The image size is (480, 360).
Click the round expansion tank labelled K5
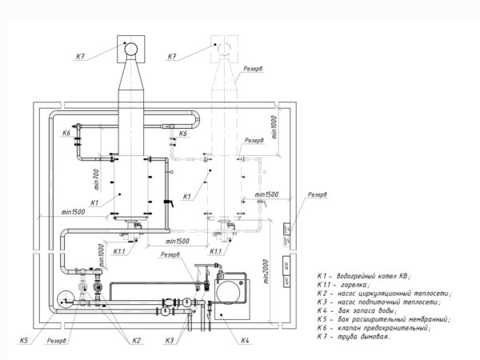point(66,299)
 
